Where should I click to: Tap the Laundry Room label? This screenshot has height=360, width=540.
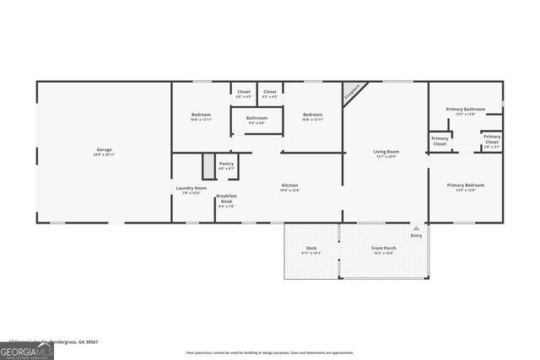point(191,190)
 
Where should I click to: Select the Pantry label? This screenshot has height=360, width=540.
point(226,165)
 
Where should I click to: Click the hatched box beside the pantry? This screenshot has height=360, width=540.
point(208,165)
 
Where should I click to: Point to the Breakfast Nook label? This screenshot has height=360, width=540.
point(226,199)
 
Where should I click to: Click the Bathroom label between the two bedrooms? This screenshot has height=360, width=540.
point(256,120)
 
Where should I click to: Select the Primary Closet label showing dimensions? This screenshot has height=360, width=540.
point(492,139)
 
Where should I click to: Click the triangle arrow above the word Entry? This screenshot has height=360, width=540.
point(415,228)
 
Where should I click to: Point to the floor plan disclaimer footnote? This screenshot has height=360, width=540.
point(269,352)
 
